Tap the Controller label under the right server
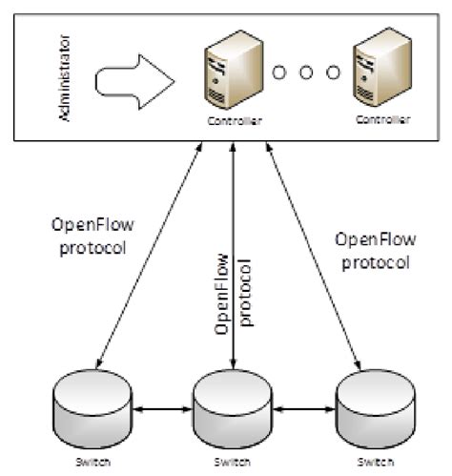point(382,120)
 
